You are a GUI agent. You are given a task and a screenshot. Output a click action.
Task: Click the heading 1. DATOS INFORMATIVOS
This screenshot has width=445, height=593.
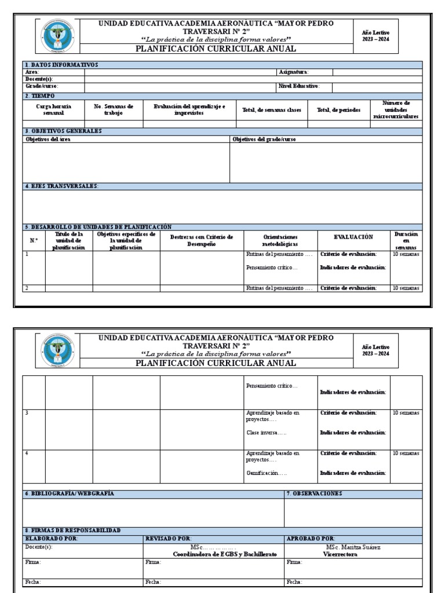click(62, 65)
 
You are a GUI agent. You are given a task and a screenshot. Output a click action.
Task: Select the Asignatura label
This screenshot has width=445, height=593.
click(294, 72)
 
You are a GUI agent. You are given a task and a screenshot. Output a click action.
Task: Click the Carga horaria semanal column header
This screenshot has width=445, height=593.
click(54, 110)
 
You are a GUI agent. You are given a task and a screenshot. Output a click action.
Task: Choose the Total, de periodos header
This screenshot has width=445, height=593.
click(339, 110)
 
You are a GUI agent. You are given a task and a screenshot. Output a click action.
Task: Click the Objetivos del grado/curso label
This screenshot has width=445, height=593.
click(264, 140)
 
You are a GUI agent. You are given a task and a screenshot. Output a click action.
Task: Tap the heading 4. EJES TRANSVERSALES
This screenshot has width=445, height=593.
click(62, 186)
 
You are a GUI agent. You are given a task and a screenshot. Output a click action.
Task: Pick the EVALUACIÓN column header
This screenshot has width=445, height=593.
click(353, 237)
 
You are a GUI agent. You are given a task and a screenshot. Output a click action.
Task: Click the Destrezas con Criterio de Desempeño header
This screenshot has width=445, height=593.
click(202, 240)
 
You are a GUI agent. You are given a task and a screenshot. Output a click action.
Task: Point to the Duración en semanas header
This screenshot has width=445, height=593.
click(406, 240)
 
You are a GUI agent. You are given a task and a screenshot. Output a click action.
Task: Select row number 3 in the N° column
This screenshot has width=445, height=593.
click(27, 413)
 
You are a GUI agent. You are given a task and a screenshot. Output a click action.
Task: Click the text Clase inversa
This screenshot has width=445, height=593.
click(266, 433)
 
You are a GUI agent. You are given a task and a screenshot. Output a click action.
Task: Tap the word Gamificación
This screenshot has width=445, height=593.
click(267, 473)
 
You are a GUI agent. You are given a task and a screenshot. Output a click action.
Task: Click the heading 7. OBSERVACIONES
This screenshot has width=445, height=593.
click(315, 493)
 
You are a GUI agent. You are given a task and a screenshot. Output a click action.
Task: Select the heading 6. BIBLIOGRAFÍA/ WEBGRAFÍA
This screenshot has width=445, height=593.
click(70, 493)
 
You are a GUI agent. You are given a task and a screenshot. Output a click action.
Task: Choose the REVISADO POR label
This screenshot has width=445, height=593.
click(169, 539)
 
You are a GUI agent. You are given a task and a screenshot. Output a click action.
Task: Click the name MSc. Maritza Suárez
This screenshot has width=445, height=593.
click(353, 547)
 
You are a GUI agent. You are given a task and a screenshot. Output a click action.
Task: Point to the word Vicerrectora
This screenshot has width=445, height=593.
click(340, 554)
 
